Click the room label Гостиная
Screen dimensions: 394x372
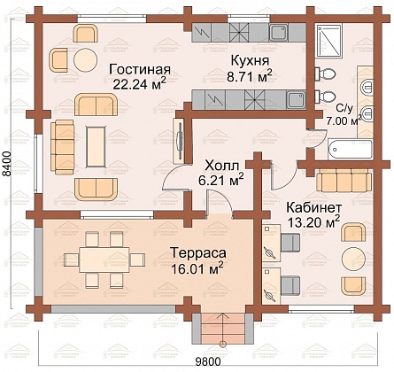tap(140, 70)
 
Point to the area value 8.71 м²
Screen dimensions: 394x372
tap(250, 76)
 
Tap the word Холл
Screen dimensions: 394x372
tap(221, 166)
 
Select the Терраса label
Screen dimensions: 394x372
tap(198, 253)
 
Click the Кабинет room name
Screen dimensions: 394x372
tap(314, 207)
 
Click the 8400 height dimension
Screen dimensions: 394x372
tap(7, 164)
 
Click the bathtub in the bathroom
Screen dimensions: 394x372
tap(350, 150)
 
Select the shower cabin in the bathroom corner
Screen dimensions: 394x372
tap(329, 40)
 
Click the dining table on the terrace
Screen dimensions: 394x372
tap(104, 260)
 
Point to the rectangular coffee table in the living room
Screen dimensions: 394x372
tap(96, 147)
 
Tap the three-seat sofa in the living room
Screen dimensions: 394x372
tap(62, 147)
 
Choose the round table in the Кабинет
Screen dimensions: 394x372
tap(353, 258)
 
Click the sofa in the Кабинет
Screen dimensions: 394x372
tap(344, 181)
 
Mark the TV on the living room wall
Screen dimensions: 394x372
tap(179, 141)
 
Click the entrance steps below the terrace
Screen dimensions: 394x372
tap(223, 329)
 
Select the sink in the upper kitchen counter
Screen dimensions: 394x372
tap(278, 33)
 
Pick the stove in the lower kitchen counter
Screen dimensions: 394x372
tap(255, 100)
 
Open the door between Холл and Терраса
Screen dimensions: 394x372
tap(220, 204)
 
